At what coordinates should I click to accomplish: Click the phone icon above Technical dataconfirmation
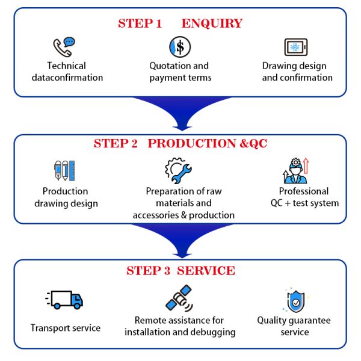coord(63,47)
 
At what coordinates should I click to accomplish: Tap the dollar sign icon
coord(179,46)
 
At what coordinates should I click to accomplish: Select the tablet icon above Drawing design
coord(296,47)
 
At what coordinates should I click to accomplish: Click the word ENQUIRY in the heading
coord(212,24)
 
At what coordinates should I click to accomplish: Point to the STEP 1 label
coord(140,24)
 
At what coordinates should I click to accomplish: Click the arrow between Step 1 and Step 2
coord(181,114)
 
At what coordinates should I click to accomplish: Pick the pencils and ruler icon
coord(64,171)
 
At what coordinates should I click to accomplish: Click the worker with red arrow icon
coord(295,170)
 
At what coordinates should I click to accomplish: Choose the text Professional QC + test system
coord(304,197)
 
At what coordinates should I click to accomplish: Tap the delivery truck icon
coord(64,299)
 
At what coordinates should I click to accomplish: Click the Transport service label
coord(66,328)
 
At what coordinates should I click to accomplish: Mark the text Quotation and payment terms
coord(179,72)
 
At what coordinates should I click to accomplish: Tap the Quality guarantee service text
coord(294,326)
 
